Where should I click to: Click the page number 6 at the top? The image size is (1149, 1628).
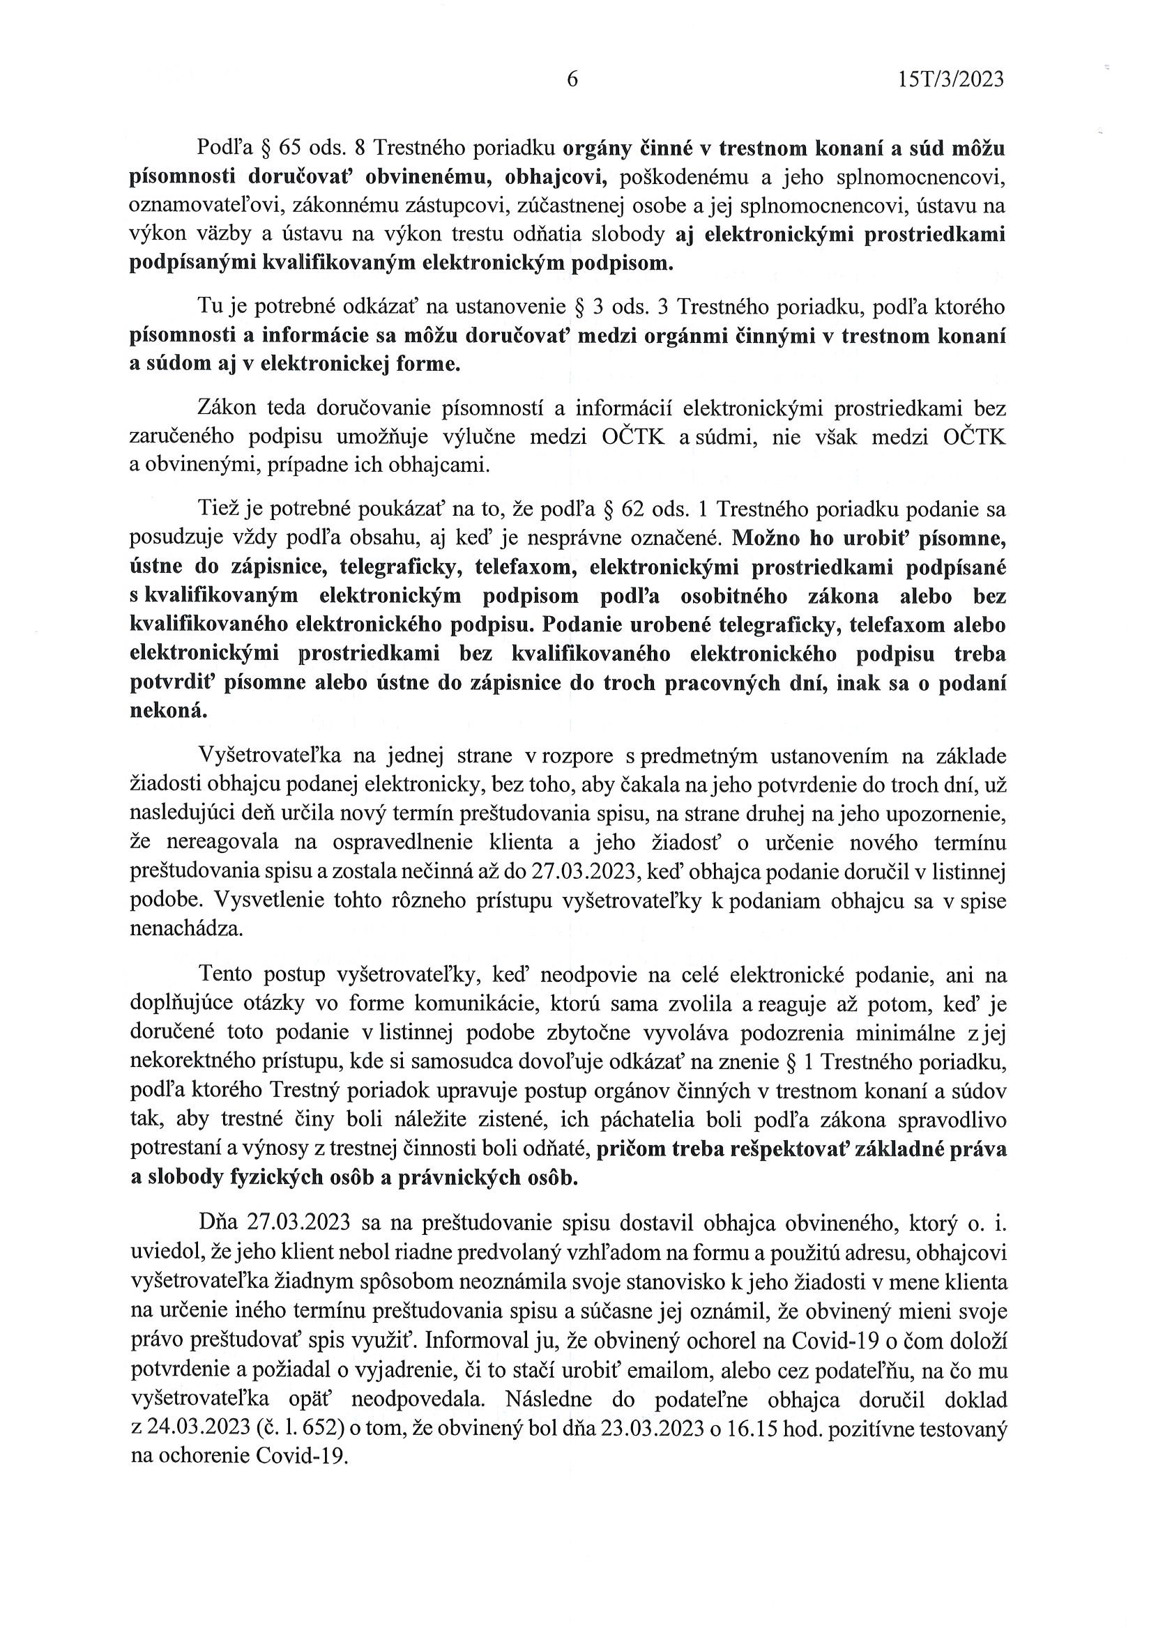572,79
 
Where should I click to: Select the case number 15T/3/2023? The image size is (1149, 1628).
950,79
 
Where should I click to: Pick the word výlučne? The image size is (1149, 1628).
475,438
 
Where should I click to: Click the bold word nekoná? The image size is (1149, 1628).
169,711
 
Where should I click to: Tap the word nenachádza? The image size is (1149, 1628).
186,929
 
